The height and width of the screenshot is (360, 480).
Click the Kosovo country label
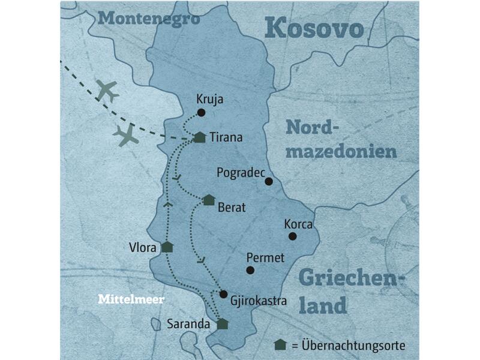pos(314,28)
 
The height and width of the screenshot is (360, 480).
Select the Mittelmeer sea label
pos(131,299)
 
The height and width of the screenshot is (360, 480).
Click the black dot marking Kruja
pos(202,112)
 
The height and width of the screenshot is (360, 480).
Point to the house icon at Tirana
pos(200,137)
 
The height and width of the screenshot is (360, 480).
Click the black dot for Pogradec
pos(269,181)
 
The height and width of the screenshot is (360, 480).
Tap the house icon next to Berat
pos(209,200)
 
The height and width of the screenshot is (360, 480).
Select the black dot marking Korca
pos(293,236)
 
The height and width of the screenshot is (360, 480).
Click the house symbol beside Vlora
pos(167,247)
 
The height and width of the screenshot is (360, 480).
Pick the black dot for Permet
pos(250,270)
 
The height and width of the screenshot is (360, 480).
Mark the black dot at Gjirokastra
pos(223,294)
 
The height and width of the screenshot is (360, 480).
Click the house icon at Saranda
pos(223,324)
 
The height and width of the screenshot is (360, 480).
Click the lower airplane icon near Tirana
pos(127,136)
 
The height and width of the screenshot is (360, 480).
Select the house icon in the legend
pos(280,345)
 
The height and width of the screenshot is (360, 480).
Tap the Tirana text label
pos(226,137)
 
